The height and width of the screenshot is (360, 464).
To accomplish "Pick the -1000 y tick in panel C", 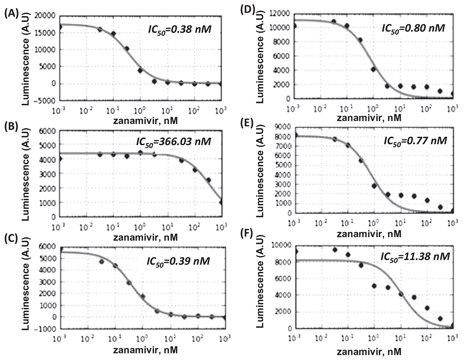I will pos(45,329).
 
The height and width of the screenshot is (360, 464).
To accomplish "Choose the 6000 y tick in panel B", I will pos(46,131).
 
